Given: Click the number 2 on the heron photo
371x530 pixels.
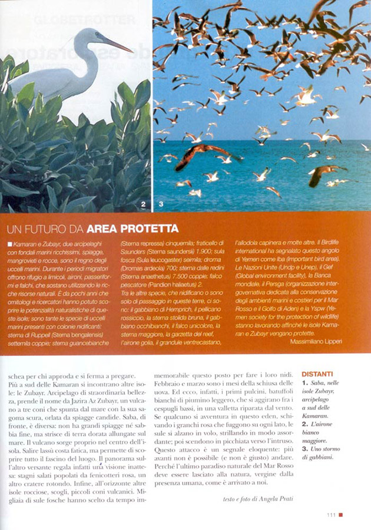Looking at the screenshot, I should [x=143, y=205].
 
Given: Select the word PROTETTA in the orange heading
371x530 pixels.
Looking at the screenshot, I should [x=151, y=228].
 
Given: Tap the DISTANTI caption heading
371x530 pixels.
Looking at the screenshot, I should [x=317, y=374].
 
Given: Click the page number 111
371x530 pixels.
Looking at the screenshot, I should [x=332, y=515].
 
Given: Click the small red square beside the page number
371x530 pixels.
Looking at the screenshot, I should [x=340, y=515].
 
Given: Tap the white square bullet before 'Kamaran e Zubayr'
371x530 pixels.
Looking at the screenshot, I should [x=10, y=243].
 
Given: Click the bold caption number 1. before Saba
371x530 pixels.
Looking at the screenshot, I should [x=304, y=383].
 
